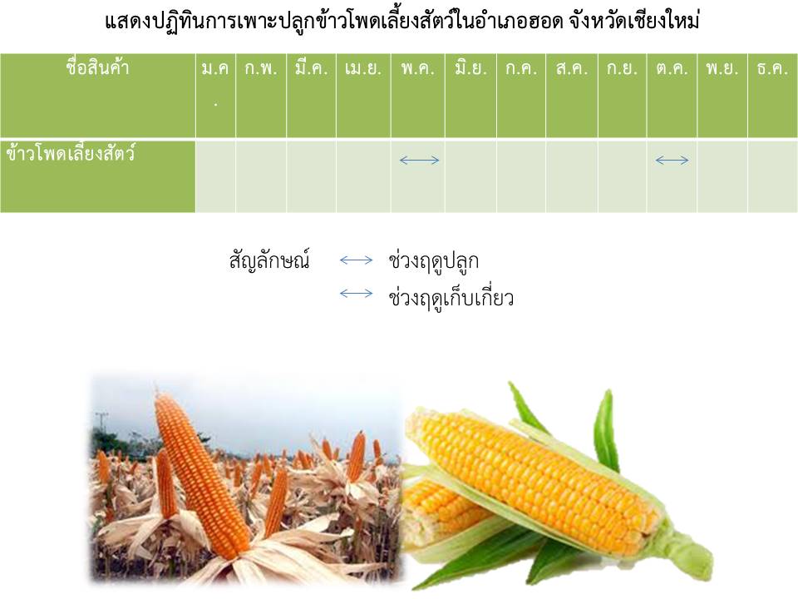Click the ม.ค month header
215,68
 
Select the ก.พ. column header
261,68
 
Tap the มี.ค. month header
311,67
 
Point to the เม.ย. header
363,68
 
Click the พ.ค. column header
418,68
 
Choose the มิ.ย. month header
470,67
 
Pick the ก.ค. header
521,68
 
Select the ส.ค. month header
572,68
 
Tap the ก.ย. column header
622,68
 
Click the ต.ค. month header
672,68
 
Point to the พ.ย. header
722,68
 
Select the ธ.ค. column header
772,68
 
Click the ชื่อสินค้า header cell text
97,67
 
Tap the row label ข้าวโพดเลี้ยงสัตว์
71,153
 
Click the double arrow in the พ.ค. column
419,161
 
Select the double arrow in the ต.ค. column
672,161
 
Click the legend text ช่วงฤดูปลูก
433,260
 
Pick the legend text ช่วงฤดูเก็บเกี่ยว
451,296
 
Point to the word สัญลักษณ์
269,260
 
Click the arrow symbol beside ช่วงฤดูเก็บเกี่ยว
357,294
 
